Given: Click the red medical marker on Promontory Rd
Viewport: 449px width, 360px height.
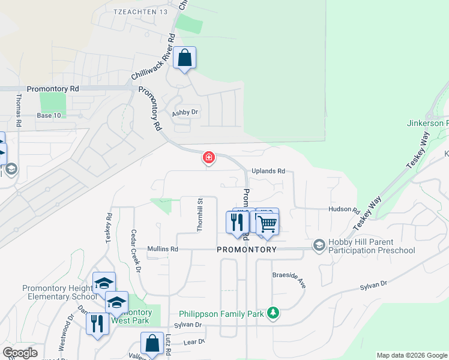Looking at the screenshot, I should click(x=208, y=158).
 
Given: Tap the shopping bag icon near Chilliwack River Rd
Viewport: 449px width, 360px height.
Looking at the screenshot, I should click(x=185, y=59).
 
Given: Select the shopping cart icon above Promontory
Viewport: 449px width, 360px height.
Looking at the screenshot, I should click(x=268, y=223).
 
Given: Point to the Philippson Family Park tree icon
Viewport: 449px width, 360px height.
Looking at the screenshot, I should click(x=273, y=314).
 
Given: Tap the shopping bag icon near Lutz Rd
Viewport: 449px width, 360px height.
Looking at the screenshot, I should click(x=152, y=343).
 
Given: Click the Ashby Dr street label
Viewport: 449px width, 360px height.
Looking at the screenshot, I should click(x=185, y=112).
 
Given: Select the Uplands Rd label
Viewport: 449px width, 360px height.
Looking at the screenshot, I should click(x=268, y=171).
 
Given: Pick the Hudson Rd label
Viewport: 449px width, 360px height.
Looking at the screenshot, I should click(x=343, y=210).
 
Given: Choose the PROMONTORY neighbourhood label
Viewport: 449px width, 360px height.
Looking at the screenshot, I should click(x=247, y=250).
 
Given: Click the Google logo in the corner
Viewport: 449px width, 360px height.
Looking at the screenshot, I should click(x=20, y=353).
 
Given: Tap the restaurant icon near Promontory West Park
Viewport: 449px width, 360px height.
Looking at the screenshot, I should click(x=97, y=323).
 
